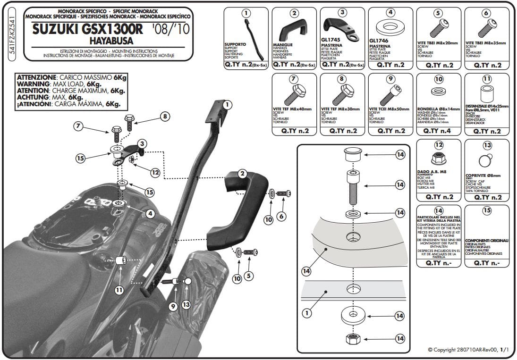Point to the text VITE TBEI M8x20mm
(x=438, y=43)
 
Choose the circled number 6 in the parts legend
(x=487, y=13)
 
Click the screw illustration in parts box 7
(x=293, y=94)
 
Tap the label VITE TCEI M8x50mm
(x=390, y=109)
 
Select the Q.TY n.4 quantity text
(x=438, y=131)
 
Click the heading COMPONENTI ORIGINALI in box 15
(x=487, y=240)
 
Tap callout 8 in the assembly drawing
(x=164, y=116)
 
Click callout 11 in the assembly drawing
(x=119, y=290)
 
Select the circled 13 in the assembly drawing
(x=186, y=305)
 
